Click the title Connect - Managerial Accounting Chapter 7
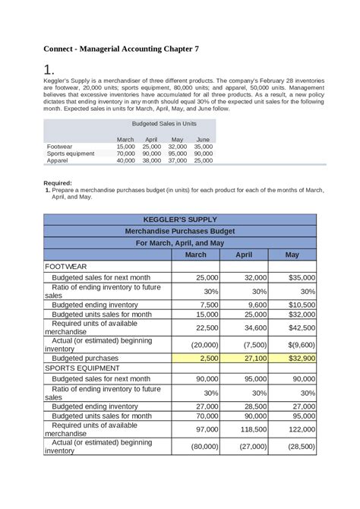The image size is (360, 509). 122,49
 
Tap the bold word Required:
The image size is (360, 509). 58,183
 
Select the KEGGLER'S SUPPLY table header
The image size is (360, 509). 180,220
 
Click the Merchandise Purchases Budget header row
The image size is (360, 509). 180,231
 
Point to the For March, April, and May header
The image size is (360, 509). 180,243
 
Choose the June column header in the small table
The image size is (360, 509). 203,140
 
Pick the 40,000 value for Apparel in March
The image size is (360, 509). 125,161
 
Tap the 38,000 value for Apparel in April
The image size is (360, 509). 151,161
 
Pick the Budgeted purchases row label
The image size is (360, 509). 85,358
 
